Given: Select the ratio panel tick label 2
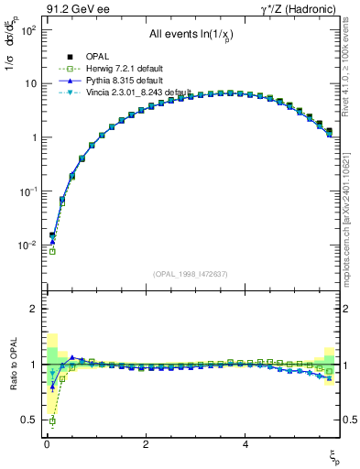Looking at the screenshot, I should click(31, 309).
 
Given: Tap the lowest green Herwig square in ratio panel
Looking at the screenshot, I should click(52, 421).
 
